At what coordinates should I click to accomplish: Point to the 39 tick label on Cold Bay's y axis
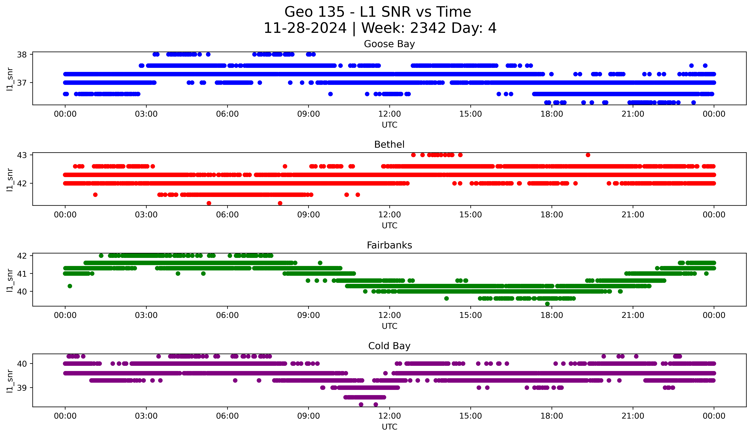click(22, 388)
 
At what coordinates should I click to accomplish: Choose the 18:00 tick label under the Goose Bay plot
click(551, 114)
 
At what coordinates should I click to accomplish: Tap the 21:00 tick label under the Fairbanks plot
click(633, 315)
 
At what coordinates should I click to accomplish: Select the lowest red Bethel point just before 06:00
click(209, 203)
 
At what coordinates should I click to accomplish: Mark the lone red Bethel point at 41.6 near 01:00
click(95, 195)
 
